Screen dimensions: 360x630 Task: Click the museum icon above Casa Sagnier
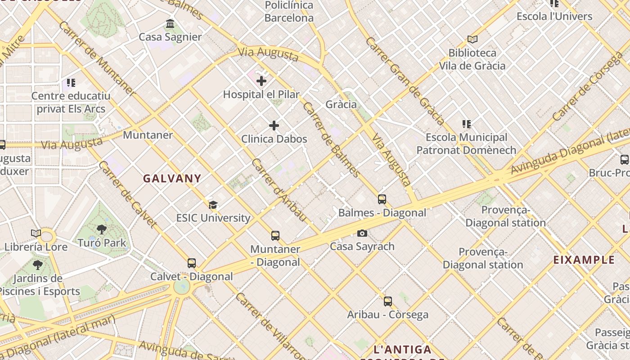point(170,23)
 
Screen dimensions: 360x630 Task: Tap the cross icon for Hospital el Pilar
point(261,81)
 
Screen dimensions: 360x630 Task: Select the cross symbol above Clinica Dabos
point(274,126)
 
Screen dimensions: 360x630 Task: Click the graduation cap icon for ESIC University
point(213,205)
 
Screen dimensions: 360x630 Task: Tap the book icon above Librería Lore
point(36,234)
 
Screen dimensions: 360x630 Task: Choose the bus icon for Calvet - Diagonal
point(192,263)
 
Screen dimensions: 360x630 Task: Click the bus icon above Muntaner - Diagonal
point(275,236)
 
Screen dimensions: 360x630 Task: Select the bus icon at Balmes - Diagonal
point(382,199)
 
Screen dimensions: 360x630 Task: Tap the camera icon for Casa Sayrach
point(362,233)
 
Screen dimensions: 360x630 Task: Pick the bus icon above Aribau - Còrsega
point(388,301)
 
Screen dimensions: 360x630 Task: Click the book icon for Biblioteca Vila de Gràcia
point(472,40)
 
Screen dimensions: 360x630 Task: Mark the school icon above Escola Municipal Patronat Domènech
point(466,124)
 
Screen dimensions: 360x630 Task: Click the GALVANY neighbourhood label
point(172,178)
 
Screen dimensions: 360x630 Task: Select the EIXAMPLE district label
point(584,260)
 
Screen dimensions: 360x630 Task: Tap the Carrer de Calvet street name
point(127,194)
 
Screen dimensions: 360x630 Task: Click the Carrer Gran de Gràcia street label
point(405,81)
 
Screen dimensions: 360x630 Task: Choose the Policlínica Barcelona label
point(289,12)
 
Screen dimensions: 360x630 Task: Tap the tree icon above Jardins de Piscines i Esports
point(38,265)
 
